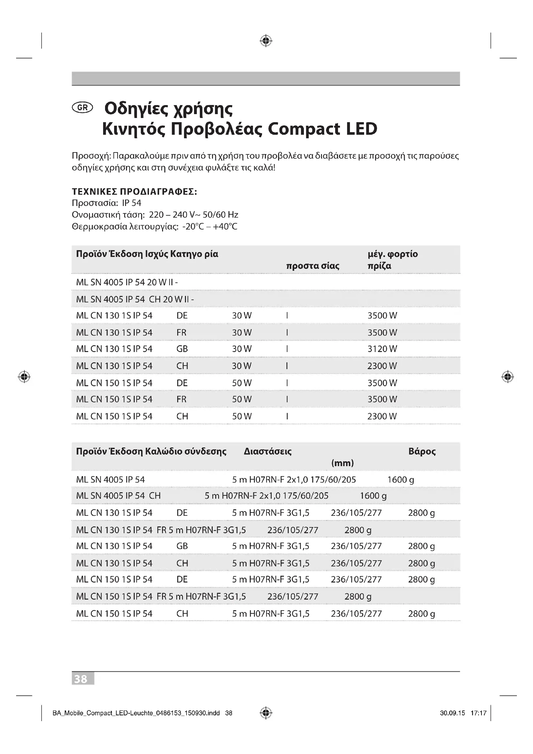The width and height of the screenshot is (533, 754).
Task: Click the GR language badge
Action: [82, 107]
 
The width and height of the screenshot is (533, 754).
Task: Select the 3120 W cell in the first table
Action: [382, 349]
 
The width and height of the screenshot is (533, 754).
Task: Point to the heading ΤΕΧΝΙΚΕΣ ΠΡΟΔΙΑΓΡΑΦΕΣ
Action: [134, 191]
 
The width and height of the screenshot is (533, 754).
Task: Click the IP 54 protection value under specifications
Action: [131, 203]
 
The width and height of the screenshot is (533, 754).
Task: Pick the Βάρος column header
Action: [422, 451]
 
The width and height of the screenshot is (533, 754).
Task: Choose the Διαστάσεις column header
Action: [267, 451]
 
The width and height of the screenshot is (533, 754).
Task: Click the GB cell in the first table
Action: [182, 349]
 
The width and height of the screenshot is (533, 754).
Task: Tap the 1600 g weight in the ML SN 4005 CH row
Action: [373, 495]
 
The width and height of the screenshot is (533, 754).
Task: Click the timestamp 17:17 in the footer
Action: [478, 713]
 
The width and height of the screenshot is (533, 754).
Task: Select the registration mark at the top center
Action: [266, 41]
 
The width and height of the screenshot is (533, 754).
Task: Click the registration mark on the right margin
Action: [508, 376]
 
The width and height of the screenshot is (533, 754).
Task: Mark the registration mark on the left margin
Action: [24, 376]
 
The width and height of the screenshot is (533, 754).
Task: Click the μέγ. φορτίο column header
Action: [392, 254]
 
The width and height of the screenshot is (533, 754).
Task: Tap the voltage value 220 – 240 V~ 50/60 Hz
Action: [194, 215]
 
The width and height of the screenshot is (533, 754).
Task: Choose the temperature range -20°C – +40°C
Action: [210, 227]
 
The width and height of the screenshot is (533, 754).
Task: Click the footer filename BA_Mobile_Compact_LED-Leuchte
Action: [136, 713]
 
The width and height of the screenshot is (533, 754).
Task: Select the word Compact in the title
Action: [304, 129]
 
